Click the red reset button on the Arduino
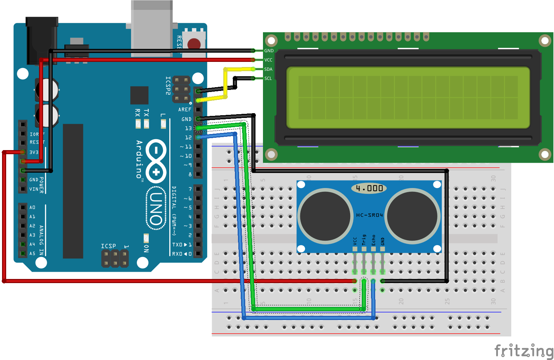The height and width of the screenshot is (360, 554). (194, 44)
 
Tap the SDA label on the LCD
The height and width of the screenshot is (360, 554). (268, 69)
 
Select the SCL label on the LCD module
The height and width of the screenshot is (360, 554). (268, 78)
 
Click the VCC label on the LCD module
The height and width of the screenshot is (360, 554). (268, 60)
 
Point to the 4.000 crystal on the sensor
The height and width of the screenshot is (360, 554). (369, 188)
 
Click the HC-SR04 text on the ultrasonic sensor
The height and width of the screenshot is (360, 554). (369, 215)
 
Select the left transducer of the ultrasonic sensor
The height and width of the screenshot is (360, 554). (325, 216)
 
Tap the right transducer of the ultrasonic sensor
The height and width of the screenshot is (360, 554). (412, 216)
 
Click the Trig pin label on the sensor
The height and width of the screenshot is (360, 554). (364, 240)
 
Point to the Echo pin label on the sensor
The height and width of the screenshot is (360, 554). (373, 240)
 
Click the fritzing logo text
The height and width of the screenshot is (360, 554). (524, 350)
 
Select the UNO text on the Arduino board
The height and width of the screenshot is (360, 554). (156, 208)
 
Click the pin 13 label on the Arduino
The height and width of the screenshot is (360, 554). (188, 128)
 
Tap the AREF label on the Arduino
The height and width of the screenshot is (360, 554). (185, 109)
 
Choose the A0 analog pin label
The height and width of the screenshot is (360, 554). (32, 208)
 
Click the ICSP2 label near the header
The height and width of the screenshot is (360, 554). (168, 85)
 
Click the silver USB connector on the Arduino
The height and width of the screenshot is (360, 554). (152, 27)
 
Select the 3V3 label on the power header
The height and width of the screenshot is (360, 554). (34, 152)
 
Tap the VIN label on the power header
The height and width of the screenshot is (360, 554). (34, 189)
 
